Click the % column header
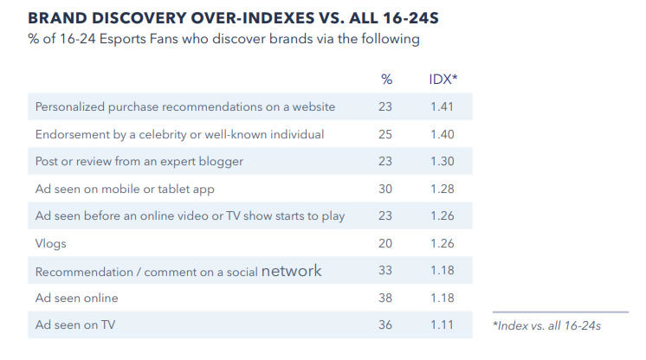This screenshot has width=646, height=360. [386, 79]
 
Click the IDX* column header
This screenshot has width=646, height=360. [443, 79]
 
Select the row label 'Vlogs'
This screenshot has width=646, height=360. [51, 243]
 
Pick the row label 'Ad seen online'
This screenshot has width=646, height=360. [76, 298]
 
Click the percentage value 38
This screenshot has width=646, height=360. [385, 298]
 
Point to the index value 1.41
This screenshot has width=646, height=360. [442, 106]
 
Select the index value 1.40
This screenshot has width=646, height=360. [442, 134]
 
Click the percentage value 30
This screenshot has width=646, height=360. [385, 189]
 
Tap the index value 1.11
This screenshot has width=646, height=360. [442, 325]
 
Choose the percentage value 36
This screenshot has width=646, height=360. [385, 325]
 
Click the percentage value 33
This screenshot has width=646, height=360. [385, 271]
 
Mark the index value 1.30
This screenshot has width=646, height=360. [442, 161]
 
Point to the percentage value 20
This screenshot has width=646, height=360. [385, 243]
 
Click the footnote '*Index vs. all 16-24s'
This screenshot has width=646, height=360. [546, 325]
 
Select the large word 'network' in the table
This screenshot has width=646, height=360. [291, 271]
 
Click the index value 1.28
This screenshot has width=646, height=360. [442, 189]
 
